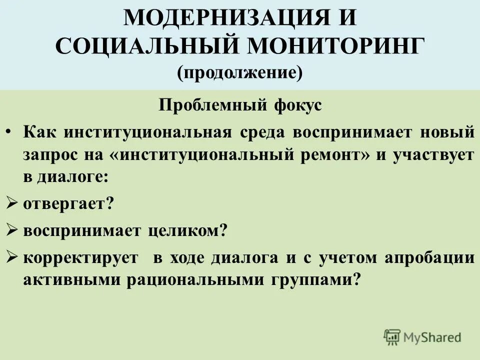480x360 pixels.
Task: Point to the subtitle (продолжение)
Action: [239, 73]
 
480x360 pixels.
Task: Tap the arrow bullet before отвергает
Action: [12, 203]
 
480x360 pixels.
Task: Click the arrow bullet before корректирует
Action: [12, 257]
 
